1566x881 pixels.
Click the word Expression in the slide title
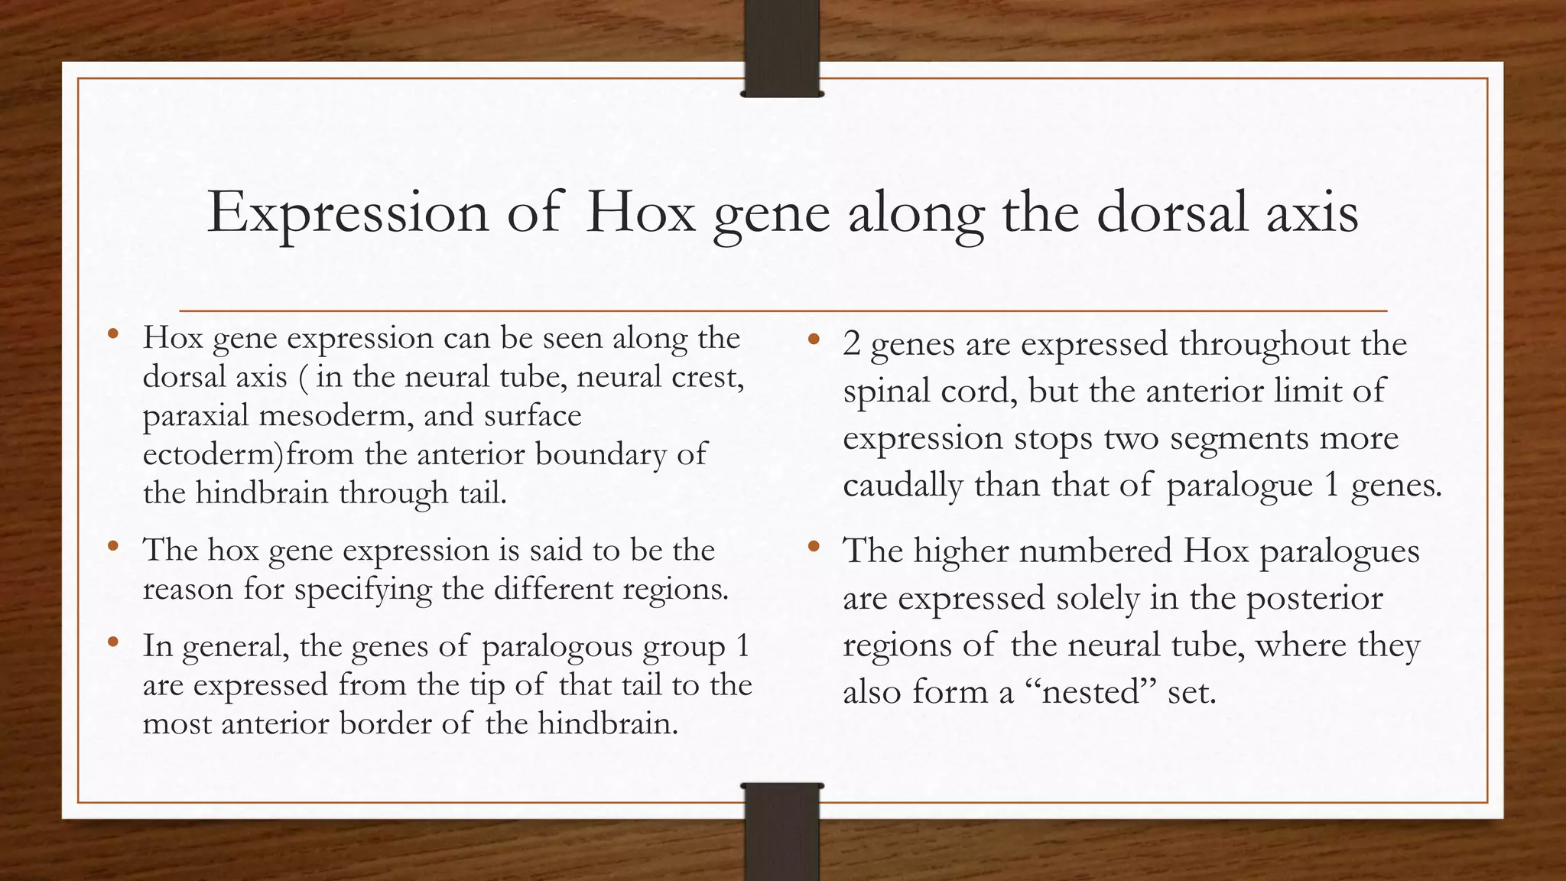348,213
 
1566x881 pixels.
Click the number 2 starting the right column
852,344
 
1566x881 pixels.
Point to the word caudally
902,486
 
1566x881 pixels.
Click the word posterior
1314,598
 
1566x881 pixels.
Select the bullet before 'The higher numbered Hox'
814,547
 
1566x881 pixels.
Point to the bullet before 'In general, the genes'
113,642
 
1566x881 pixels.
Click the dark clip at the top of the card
781,47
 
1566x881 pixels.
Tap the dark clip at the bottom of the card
781,832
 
